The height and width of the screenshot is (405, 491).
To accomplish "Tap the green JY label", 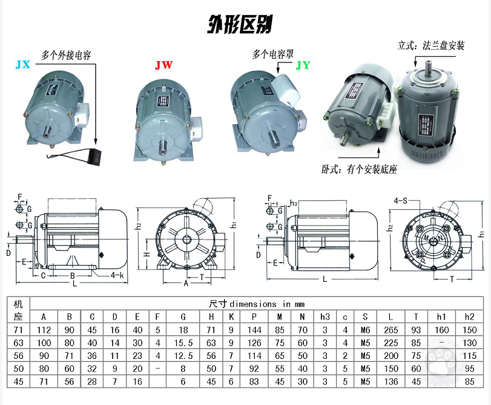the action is (x=302, y=65).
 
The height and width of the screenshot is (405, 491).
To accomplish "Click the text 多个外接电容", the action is (x=66, y=55).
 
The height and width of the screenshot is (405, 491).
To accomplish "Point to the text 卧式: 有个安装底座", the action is (x=359, y=169).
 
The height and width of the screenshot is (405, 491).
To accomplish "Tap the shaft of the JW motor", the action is (x=164, y=146).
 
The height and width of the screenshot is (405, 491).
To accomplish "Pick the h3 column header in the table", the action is (x=325, y=316).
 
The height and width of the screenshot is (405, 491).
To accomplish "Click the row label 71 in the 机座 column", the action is (x=18, y=330).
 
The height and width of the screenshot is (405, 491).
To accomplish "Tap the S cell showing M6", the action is (x=365, y=330).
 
